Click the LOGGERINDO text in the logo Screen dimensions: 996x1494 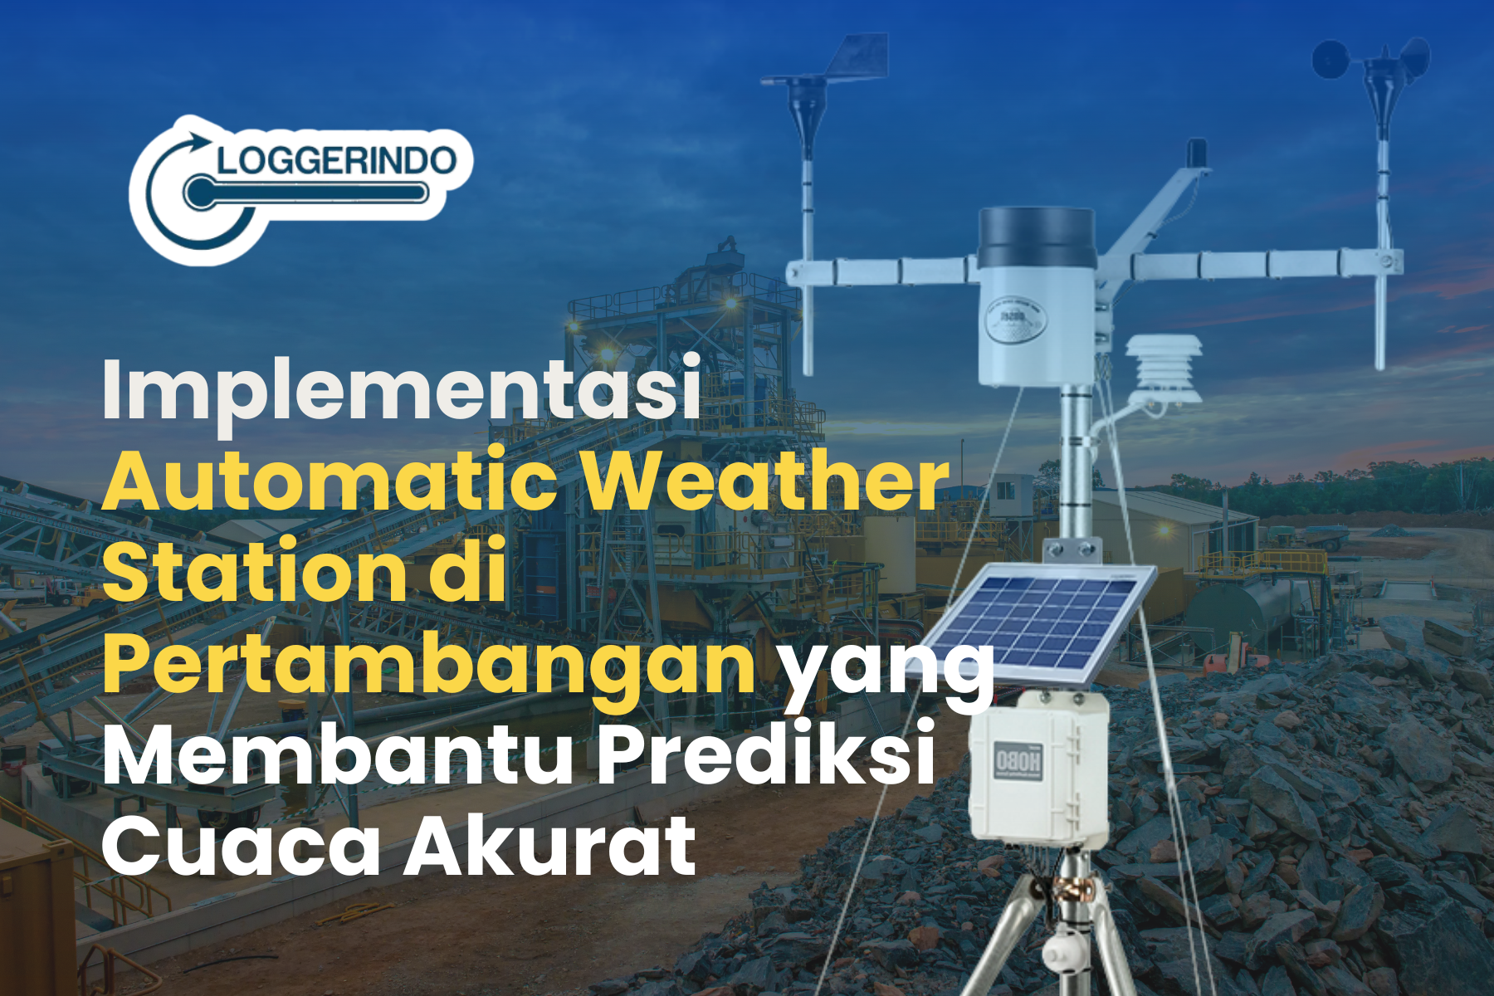click(x=336, y=159)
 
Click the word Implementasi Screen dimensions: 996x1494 click(x=402, y=388)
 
